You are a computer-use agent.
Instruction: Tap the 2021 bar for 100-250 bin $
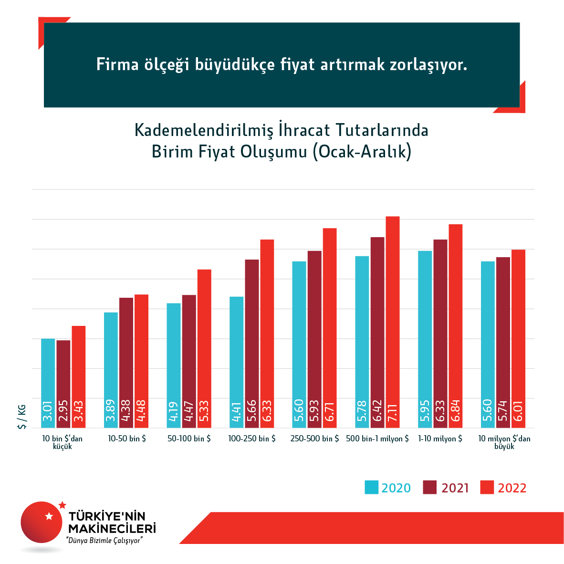pyautogui.click(x=252, y=344)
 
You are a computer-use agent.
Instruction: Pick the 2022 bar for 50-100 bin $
pyautogui.click(x=204, y=348)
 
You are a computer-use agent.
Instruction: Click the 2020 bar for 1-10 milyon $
pyautogui.click(x=425, y=339)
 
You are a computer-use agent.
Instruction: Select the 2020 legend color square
pyautogui.click(x=371, y=487)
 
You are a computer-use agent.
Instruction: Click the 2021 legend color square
pyautogui.click(x=430, y=487)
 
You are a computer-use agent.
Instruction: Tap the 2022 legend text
pyautogui.click(x=512, y=488)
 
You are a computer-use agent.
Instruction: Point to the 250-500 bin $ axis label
pyautogui.click(x=314, y=439)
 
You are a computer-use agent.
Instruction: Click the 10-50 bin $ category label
pyautogui.click(x=127, y=439)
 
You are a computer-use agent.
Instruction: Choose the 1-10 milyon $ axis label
pyautogui.click(x=440, y=439)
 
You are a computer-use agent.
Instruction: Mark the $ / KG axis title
pyautogui.click(x=22, y=417)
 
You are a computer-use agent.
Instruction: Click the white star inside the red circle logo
pyautogui.click(x=49, y=516)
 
